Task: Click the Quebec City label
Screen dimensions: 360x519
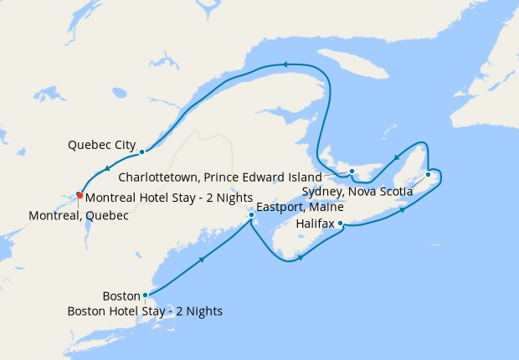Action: pos(101,145)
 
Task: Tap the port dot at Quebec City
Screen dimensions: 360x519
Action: pos(142,152)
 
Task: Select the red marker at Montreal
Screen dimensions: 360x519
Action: pos(79,195)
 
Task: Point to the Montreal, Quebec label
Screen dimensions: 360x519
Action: pos(79,215)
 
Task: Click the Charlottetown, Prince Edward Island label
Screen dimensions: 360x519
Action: pos(220,177)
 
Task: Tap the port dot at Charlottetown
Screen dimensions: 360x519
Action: pos(352,172)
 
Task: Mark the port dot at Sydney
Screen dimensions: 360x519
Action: pos(428,174)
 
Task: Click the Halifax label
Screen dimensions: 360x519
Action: pos(315,224)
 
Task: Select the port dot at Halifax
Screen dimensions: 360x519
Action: pos(341,224)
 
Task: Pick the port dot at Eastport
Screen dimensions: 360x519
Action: pos(251,215)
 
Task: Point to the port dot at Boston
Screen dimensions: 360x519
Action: pos(146,295)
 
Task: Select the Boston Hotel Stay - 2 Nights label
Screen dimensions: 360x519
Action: pos(145,311)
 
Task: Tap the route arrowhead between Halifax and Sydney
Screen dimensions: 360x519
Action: pos(403,209)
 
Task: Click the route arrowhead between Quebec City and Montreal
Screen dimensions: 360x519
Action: pos(107,172)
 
